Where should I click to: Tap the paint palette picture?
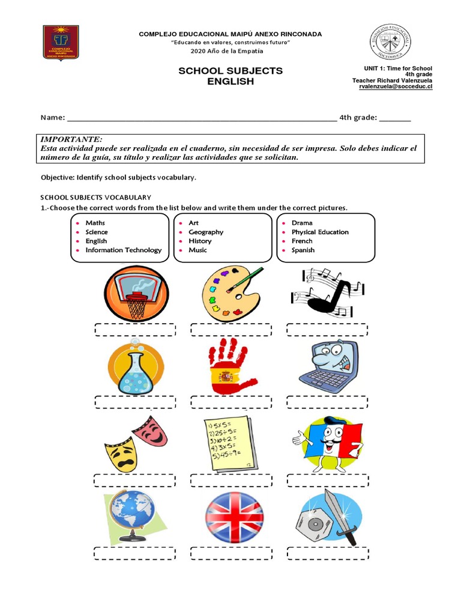[x=231, y=292]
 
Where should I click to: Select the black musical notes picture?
[x=327, y=292]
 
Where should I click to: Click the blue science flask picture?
[x=135, y=366]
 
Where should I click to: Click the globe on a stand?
[x=131, y=516]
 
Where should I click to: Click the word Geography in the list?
[x=205, y=232]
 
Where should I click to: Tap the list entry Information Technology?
[x=123, y=250]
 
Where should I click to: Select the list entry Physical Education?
[x=319, y=232]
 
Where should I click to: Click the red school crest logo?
[x=61, y=42]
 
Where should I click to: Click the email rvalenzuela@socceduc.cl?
[x=396, y=86]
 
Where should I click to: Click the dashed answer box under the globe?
[x=134, y=553]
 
